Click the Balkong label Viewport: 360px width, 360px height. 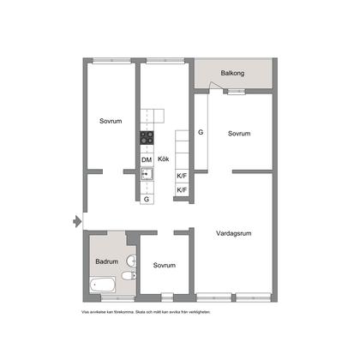tap(232, 74)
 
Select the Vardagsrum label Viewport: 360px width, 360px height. tap(233, 232)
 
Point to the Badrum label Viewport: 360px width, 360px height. tap(106, 261)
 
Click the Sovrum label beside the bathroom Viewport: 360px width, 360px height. tap(165, 265)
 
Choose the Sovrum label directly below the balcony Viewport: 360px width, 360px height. tap(239, 134)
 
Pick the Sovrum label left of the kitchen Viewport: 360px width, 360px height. tap(109, 121)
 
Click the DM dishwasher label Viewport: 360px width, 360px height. tap(147, 160)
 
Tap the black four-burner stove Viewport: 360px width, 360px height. tap(147, 137)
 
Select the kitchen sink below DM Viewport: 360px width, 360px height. tap(147, 175)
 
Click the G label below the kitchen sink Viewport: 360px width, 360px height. tap(147, 199)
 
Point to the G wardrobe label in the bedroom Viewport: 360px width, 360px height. tap(201, 133)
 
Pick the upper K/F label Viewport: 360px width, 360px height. tap(182, 176)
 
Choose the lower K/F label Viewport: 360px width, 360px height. tap(182, 190)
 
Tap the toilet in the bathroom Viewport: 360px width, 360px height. tap(127, 276)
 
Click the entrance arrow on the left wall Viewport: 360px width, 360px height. tap(77, 220)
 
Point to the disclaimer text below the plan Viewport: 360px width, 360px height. tap(145, 312)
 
